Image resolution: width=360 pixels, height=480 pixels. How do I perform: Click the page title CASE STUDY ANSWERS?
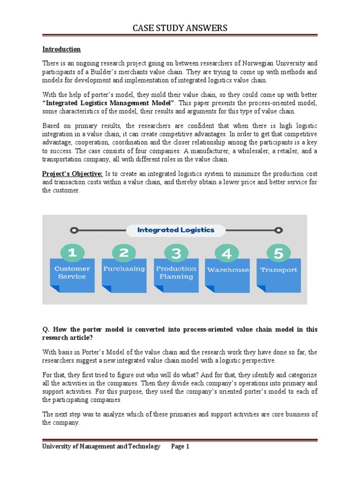pos(180,28)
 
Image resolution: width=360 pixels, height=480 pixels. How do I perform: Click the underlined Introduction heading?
pos(61,49)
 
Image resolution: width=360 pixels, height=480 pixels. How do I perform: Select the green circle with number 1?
pos(72,254)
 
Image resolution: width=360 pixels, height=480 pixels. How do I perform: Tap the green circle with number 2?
pos(124,254)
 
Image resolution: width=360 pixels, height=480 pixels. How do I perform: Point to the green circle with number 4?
pos(227,254)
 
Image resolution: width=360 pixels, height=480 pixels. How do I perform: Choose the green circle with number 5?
pos(278,254)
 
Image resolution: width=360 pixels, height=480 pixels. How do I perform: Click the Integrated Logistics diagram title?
pos(175,230)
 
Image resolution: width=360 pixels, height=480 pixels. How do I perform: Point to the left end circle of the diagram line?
pos(73,230)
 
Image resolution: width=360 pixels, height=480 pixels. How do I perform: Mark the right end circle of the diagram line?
pos(278,230)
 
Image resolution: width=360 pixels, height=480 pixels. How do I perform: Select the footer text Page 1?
pos(180,447)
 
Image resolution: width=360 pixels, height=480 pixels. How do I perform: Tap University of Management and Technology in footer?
pos(101,447)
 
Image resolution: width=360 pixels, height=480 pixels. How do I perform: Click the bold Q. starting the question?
pos(45,330)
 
